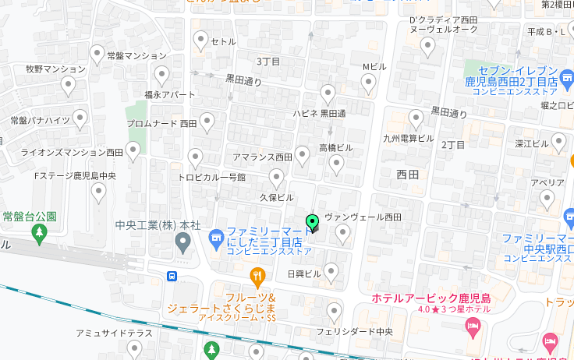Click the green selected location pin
(x=313, y=224)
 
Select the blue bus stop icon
(x=171, y=275)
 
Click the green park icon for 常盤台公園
(x=39, y=231)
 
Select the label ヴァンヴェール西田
(x=363, y=217)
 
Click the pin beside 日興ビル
(x=331, y=272)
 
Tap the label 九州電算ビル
(x=408, y=138)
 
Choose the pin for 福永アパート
(x=162, y=75)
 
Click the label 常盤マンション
(x=136, y=56)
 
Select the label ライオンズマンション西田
(x=72, y=153)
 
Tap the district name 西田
(x=407, y=175)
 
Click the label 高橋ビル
(x=336, y=148)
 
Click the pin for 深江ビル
(x=558, y=142)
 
